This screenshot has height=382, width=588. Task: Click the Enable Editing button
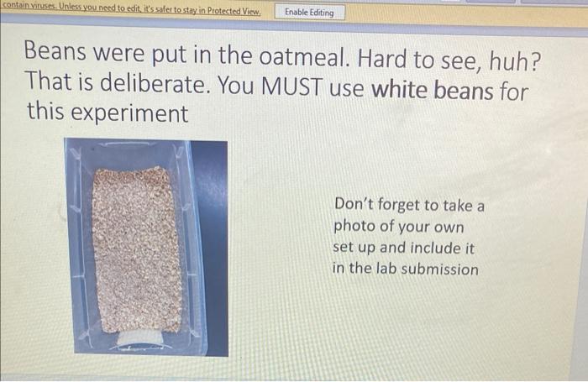[309, 13]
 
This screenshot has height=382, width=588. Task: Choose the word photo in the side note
[356, 227]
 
